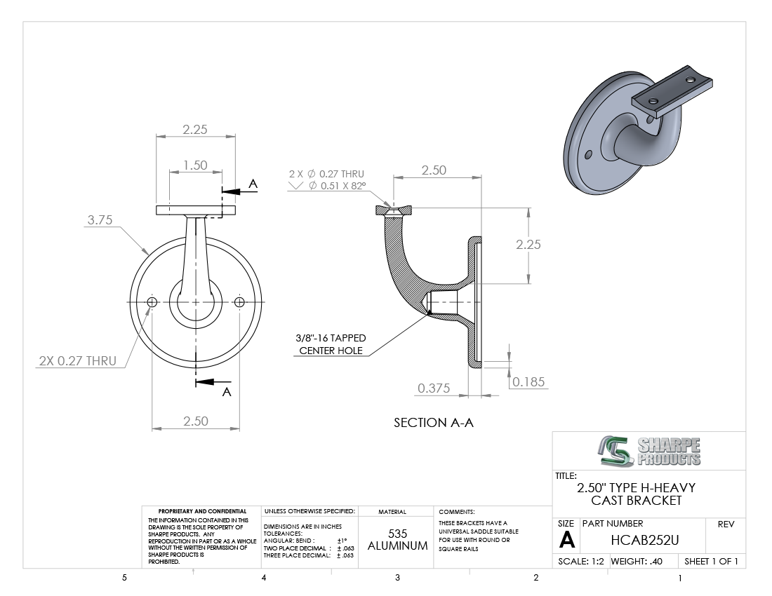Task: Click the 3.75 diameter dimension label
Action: coord(100,219)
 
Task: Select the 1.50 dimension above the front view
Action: coord(196,165)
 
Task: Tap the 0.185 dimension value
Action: coord(528,382)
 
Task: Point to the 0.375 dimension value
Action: coord(434,388)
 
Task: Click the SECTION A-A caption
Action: coord(434,423)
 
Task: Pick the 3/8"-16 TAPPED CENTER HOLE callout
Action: coord(331,344)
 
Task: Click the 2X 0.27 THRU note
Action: coord(78,361)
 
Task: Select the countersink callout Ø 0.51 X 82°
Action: coord(338,186)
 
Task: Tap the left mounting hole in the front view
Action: coord(152,302)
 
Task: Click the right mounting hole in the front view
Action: coord(239,302)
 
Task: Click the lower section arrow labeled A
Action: coord(213,383)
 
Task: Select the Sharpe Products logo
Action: coord(649,451)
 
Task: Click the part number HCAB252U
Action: coord(645,540)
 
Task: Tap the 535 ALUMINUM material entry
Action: coord(397,539)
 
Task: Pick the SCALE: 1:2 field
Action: coord(581,561)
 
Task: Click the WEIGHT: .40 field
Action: coord(637,561)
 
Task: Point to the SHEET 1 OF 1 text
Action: coord(711,561)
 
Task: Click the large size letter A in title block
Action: coord(566,541)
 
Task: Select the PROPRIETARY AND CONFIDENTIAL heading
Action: coord(202,511)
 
